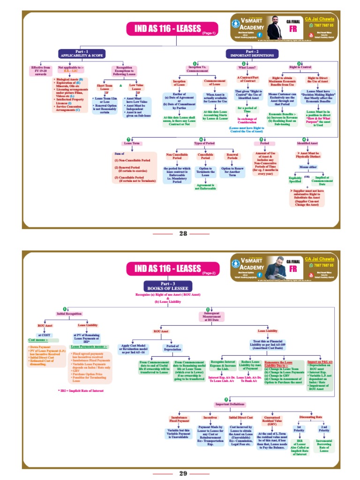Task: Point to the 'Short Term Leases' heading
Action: click(104, 88)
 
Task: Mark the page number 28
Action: click(183, 233)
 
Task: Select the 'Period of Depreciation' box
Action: click(172, 349)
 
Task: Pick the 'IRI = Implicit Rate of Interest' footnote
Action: click(78, 390)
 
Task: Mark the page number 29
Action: click(183, 473)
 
